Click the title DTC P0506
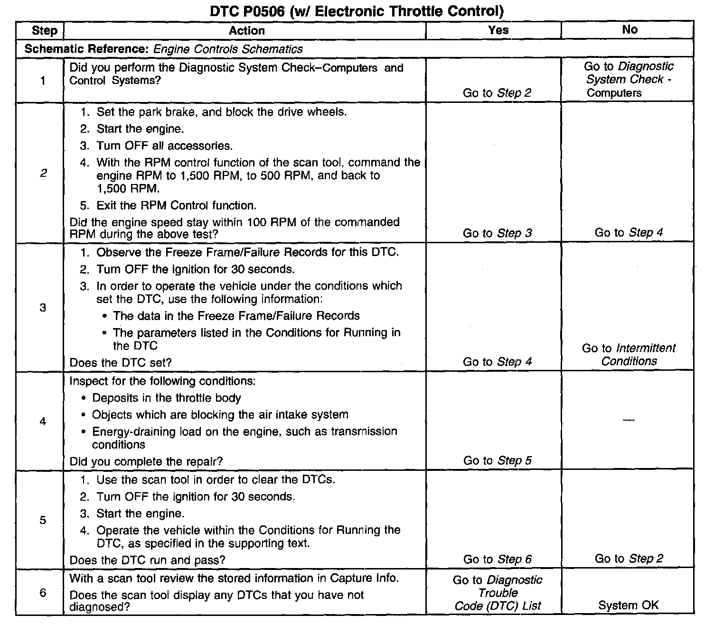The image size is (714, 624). pos(357,11)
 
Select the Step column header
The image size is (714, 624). pos(44,31)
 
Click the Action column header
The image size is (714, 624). pos(247,31)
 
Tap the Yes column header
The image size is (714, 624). pos(498,30)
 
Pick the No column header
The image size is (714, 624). pos(629,30)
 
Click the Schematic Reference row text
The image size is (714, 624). pos(163,49)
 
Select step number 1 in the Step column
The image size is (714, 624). pos(43,81)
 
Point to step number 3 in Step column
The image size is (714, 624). pos(43,308)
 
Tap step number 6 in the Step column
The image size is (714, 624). pos(43,593)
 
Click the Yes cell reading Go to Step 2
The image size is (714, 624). pos(497,93)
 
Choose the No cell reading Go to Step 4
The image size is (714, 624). pos(629,232)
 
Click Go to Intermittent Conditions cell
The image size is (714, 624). pos(629,355)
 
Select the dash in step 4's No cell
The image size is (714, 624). pos(629,420)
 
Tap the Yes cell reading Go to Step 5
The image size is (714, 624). pos(497,460)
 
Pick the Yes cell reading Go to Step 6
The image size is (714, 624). pos(497,559)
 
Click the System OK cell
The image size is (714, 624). pos(629,605)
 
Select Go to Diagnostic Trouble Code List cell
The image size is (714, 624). pos(497,593)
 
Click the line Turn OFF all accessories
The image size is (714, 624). pos(164,146)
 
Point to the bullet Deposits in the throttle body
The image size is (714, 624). pos(166,398)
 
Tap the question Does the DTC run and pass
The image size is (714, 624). pos(147,560)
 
